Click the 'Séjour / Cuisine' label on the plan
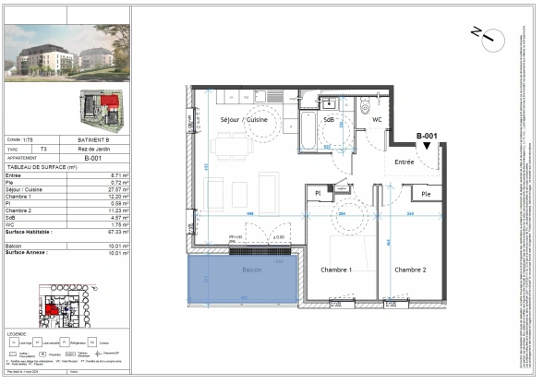243,120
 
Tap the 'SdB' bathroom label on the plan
329,120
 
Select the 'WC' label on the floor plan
377,120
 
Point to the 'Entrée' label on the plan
404,162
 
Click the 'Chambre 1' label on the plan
337,270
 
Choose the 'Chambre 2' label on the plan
410,270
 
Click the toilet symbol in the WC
366,104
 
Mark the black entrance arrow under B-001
426,158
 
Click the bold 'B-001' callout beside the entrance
426,137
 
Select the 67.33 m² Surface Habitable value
113,233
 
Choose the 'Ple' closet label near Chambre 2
426,195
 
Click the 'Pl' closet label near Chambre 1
317,193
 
